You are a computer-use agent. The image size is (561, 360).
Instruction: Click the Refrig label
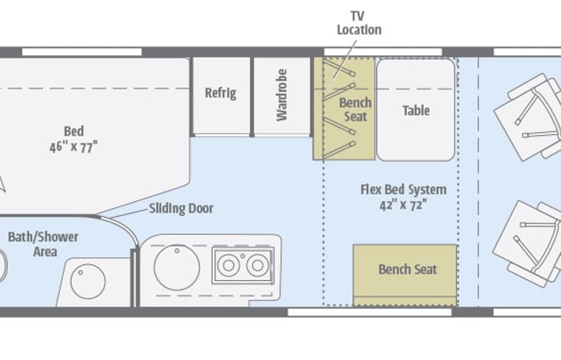tap(220, 93)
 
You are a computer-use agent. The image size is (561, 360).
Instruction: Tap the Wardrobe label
tap(282, 95)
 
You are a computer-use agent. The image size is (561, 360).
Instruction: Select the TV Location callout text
tap(359, 23)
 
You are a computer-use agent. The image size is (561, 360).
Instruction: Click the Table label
tap(416, 111)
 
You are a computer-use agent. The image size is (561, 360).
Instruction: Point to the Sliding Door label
tap(181, 208)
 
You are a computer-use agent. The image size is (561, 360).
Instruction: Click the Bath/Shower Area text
tap(43, 244)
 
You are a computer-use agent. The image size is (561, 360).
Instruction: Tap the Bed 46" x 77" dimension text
tap(74, 139)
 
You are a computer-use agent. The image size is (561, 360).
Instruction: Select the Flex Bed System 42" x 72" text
tap(404, 197)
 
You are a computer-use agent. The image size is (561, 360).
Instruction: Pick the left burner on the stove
tap(229, 266)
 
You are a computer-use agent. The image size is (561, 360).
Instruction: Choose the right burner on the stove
tap(257, 266)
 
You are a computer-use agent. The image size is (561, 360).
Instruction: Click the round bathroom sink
tap(88, 282)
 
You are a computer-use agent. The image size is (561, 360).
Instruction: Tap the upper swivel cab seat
tap(528, 117)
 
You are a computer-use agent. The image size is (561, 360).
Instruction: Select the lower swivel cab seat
tap(528, 243)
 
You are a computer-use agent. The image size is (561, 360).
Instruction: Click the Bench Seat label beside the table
tap(355, 110)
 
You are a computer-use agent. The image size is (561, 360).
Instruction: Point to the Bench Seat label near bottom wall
tap(408, 269)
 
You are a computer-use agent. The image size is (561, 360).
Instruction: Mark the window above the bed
tap(82, 52)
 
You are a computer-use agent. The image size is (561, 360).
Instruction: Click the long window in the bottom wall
tap(370, 312)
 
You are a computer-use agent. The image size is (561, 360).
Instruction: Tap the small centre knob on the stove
tap(243, 256)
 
